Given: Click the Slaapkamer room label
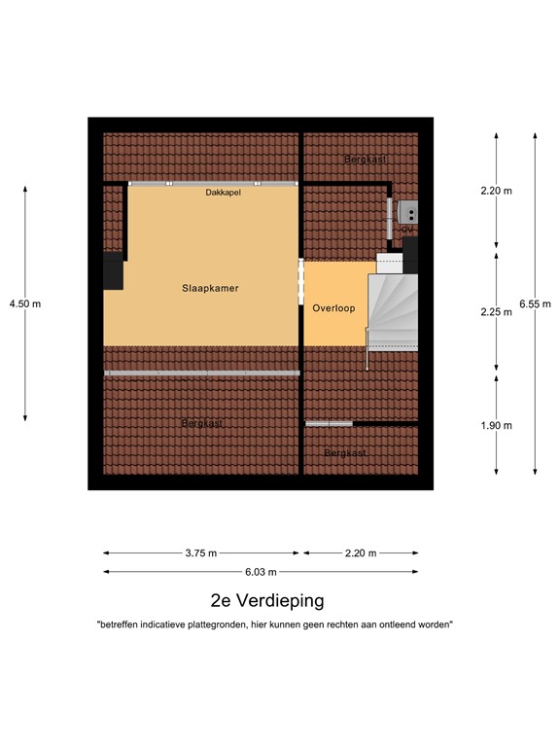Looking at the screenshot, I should pos(210,289).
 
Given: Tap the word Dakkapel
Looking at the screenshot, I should pos(224,194).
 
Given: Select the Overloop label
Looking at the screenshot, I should pos(333,308).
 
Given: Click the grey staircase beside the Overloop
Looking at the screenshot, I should pos(393,311).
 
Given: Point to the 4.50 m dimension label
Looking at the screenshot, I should pos(25,303).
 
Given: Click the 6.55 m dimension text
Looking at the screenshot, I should pos(535,303).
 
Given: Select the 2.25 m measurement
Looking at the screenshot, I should pos(496,312).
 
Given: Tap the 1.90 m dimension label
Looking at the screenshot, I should pos(496,425).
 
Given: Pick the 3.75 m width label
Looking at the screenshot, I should pos(201,553).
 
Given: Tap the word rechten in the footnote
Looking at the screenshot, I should pos(354,625).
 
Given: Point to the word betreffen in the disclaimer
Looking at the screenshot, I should pos(119,625).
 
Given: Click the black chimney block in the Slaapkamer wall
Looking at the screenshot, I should pos(114,271).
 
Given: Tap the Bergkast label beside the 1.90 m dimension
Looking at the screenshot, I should pos(345,453).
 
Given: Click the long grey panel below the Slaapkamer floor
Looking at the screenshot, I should pos(202,373).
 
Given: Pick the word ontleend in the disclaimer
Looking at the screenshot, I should pos(401,625).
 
